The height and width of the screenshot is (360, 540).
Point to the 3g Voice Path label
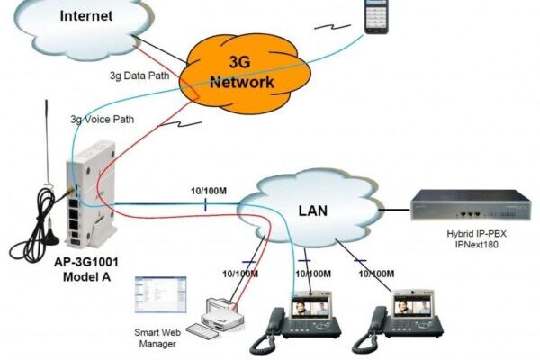pyautogui.click(x=105, y=120)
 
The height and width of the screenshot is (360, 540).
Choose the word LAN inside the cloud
pyautogui.click(x=312, y=212)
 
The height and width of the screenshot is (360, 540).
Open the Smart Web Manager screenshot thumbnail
pyautogui.click(x=159, y=293)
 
